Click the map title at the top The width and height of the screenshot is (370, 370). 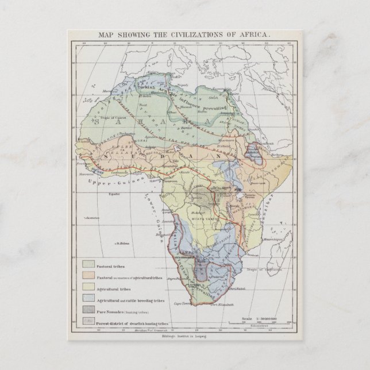click(x=184, y=34)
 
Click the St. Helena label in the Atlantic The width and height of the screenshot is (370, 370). click(x=121, y=243)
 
